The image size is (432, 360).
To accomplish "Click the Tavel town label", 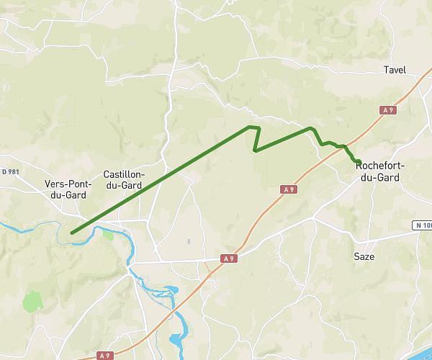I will point(395,70).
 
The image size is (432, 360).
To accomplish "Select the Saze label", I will point(364,256).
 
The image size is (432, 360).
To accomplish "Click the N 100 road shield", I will point(423,225).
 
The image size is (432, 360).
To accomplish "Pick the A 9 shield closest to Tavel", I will point(388,109).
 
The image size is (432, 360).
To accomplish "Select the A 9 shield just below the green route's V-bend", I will point(288,189).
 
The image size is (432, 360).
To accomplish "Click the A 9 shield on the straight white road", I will point(229,258).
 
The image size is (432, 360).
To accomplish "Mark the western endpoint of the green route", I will point(73,233).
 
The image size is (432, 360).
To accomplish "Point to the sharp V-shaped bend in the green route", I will point(256,150).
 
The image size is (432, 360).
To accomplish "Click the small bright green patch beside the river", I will point(108,233).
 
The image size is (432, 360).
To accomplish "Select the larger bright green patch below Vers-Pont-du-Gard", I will point(33,301).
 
